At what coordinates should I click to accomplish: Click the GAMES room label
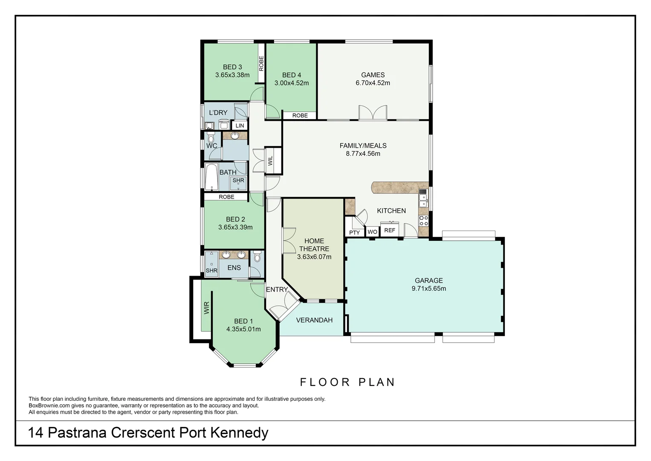[x=373, y=75]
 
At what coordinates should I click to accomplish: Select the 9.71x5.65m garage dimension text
[x=428, y=289]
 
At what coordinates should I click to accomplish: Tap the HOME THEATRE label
[x=314, y=245]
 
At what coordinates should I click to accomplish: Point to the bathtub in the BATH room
[x=211, y=177]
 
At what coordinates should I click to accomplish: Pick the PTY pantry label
[x=354, y=233]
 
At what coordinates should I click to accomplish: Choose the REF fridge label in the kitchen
[x=389, y=230]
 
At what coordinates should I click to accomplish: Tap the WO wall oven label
[x=372, y=232]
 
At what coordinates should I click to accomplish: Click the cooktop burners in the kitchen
[x=424, y=221]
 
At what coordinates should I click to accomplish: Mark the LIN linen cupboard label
[x=240, y=125]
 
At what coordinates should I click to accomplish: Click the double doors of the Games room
[x=373, y=113]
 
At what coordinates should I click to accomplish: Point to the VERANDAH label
[x=314, y=320]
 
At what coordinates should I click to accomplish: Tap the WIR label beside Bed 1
[x=207, y=308]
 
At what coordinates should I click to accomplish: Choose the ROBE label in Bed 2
[x=226, y=197]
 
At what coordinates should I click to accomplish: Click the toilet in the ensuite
[x=257, y=257]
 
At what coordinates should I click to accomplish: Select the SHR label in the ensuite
[x=211, y=271]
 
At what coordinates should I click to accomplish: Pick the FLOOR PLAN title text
[x=347, y=382]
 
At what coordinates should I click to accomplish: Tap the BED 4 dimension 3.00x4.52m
[x=292, y=83]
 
